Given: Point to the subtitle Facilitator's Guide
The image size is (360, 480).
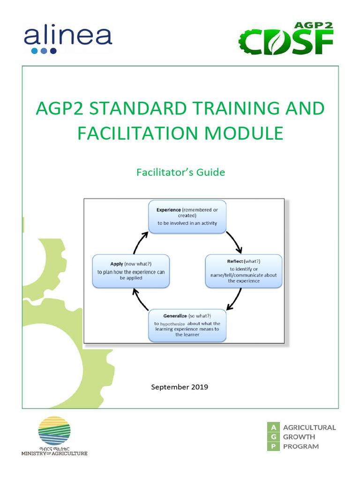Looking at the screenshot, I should click(180, 172).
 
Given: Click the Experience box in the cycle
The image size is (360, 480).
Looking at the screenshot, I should click(187, 217).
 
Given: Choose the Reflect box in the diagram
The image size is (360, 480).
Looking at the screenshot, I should click(244, 271).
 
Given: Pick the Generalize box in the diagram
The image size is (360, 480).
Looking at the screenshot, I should click(187, 325).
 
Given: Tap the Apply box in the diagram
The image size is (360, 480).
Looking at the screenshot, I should click(130, 271).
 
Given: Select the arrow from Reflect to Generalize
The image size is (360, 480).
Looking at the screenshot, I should click(235, 300).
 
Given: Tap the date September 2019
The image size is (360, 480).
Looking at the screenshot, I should click(180, 387).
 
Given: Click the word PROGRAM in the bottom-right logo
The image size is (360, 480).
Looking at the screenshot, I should click(301, 446).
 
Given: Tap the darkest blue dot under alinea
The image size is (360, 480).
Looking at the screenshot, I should click(53, 51).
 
